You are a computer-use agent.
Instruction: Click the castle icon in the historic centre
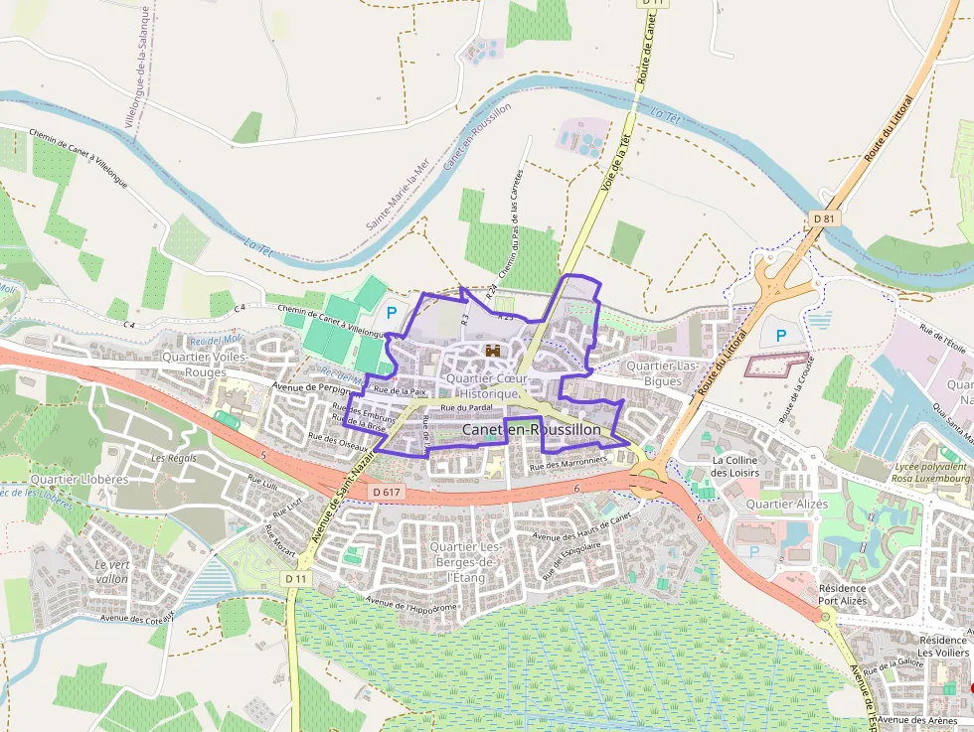pyautogui.click(x=492, y=351)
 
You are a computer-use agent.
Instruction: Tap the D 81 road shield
pyautogui.click(x=824, y=218)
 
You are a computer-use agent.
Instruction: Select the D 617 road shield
pyautogui.click(x=389, y=492)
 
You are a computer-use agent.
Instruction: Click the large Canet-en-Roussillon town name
pyautogui.click(x=532, y=429)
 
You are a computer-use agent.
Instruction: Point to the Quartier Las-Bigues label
pyautogui.click(x=662, y=373)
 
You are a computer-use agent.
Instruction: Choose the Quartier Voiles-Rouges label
pyautogui.click(x=206, y=364)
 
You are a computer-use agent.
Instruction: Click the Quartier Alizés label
pyautogui.click(x=783, y=504)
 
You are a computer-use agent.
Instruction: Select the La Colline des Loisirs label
pyautogui.click(x=734, y=467)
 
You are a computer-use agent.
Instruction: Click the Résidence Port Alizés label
pyautogui.click(x=843, y=594)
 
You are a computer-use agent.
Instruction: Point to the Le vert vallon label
pyautogui.click(x=111, y=571)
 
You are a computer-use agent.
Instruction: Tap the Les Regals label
pyautogui.click(x=174, y=458)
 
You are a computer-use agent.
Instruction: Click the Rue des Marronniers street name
pyautogui.click(x=568, y=462)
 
